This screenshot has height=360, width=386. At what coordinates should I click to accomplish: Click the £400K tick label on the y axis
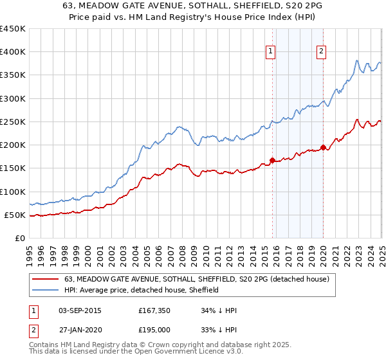coord(13,52)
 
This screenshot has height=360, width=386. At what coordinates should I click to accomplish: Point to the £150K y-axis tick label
coord(13,168)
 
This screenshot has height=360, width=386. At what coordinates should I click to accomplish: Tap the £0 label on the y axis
coord(20,238)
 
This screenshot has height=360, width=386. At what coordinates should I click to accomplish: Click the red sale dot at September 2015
coord(272,160)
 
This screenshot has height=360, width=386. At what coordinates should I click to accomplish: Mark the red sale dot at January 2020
coord(323,147)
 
